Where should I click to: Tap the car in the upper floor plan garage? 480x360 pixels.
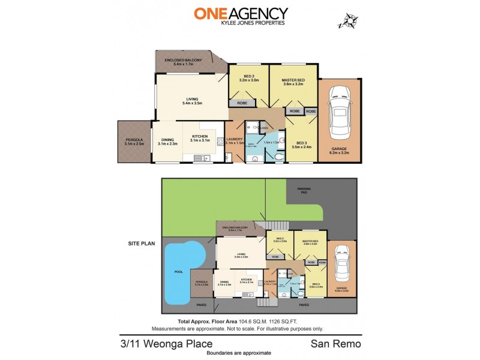coord(339,110)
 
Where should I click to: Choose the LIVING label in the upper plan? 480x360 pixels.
coord(191,100)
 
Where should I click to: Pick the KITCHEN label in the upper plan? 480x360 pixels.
coord(199,137)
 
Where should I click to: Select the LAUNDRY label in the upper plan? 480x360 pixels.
coord(235,140)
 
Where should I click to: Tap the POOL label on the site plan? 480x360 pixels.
coord(178,271)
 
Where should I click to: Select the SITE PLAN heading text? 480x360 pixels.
coord(142,244)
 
